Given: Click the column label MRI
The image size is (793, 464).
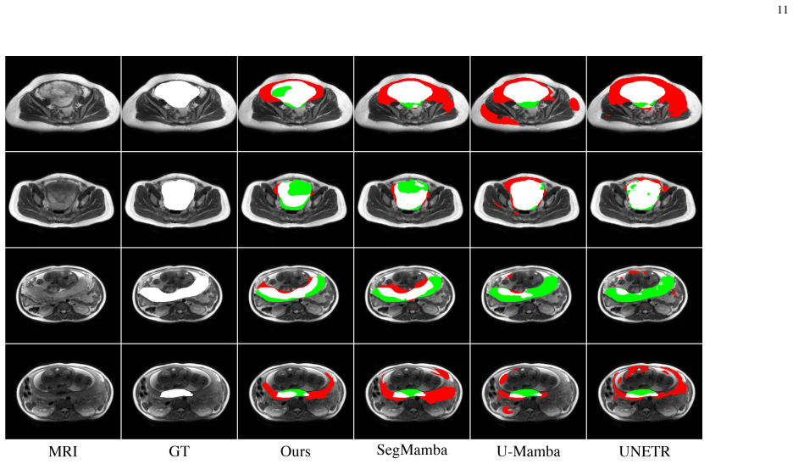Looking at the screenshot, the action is click(63, 451).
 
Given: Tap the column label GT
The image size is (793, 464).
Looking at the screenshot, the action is click(179, 451).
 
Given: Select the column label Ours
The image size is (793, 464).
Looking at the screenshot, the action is click(296, 451).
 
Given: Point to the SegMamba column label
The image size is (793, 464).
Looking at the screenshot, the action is click(412, 450).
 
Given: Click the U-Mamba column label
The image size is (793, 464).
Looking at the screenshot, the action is click(528, 451).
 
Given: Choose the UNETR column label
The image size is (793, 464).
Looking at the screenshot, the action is click(644, 451).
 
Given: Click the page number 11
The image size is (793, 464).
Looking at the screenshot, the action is click(782, 9).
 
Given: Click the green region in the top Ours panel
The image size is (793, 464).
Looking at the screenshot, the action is click(281, 92).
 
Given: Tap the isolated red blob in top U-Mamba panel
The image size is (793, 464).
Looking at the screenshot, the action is click(574, 103).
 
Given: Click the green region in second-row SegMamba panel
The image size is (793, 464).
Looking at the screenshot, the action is click(411, 187).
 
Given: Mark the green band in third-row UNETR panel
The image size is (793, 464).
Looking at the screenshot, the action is click(640, 290).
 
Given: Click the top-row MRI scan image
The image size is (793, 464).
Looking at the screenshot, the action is click(63, 103).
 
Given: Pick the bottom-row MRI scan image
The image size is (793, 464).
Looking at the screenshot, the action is click(64, 391).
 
